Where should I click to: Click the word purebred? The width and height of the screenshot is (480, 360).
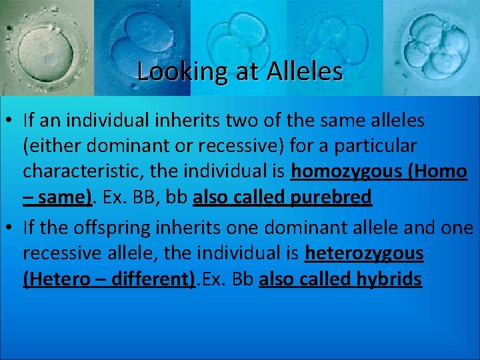331,197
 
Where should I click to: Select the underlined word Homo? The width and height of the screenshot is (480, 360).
439,171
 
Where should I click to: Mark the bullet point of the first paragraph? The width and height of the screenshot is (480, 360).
11,121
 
